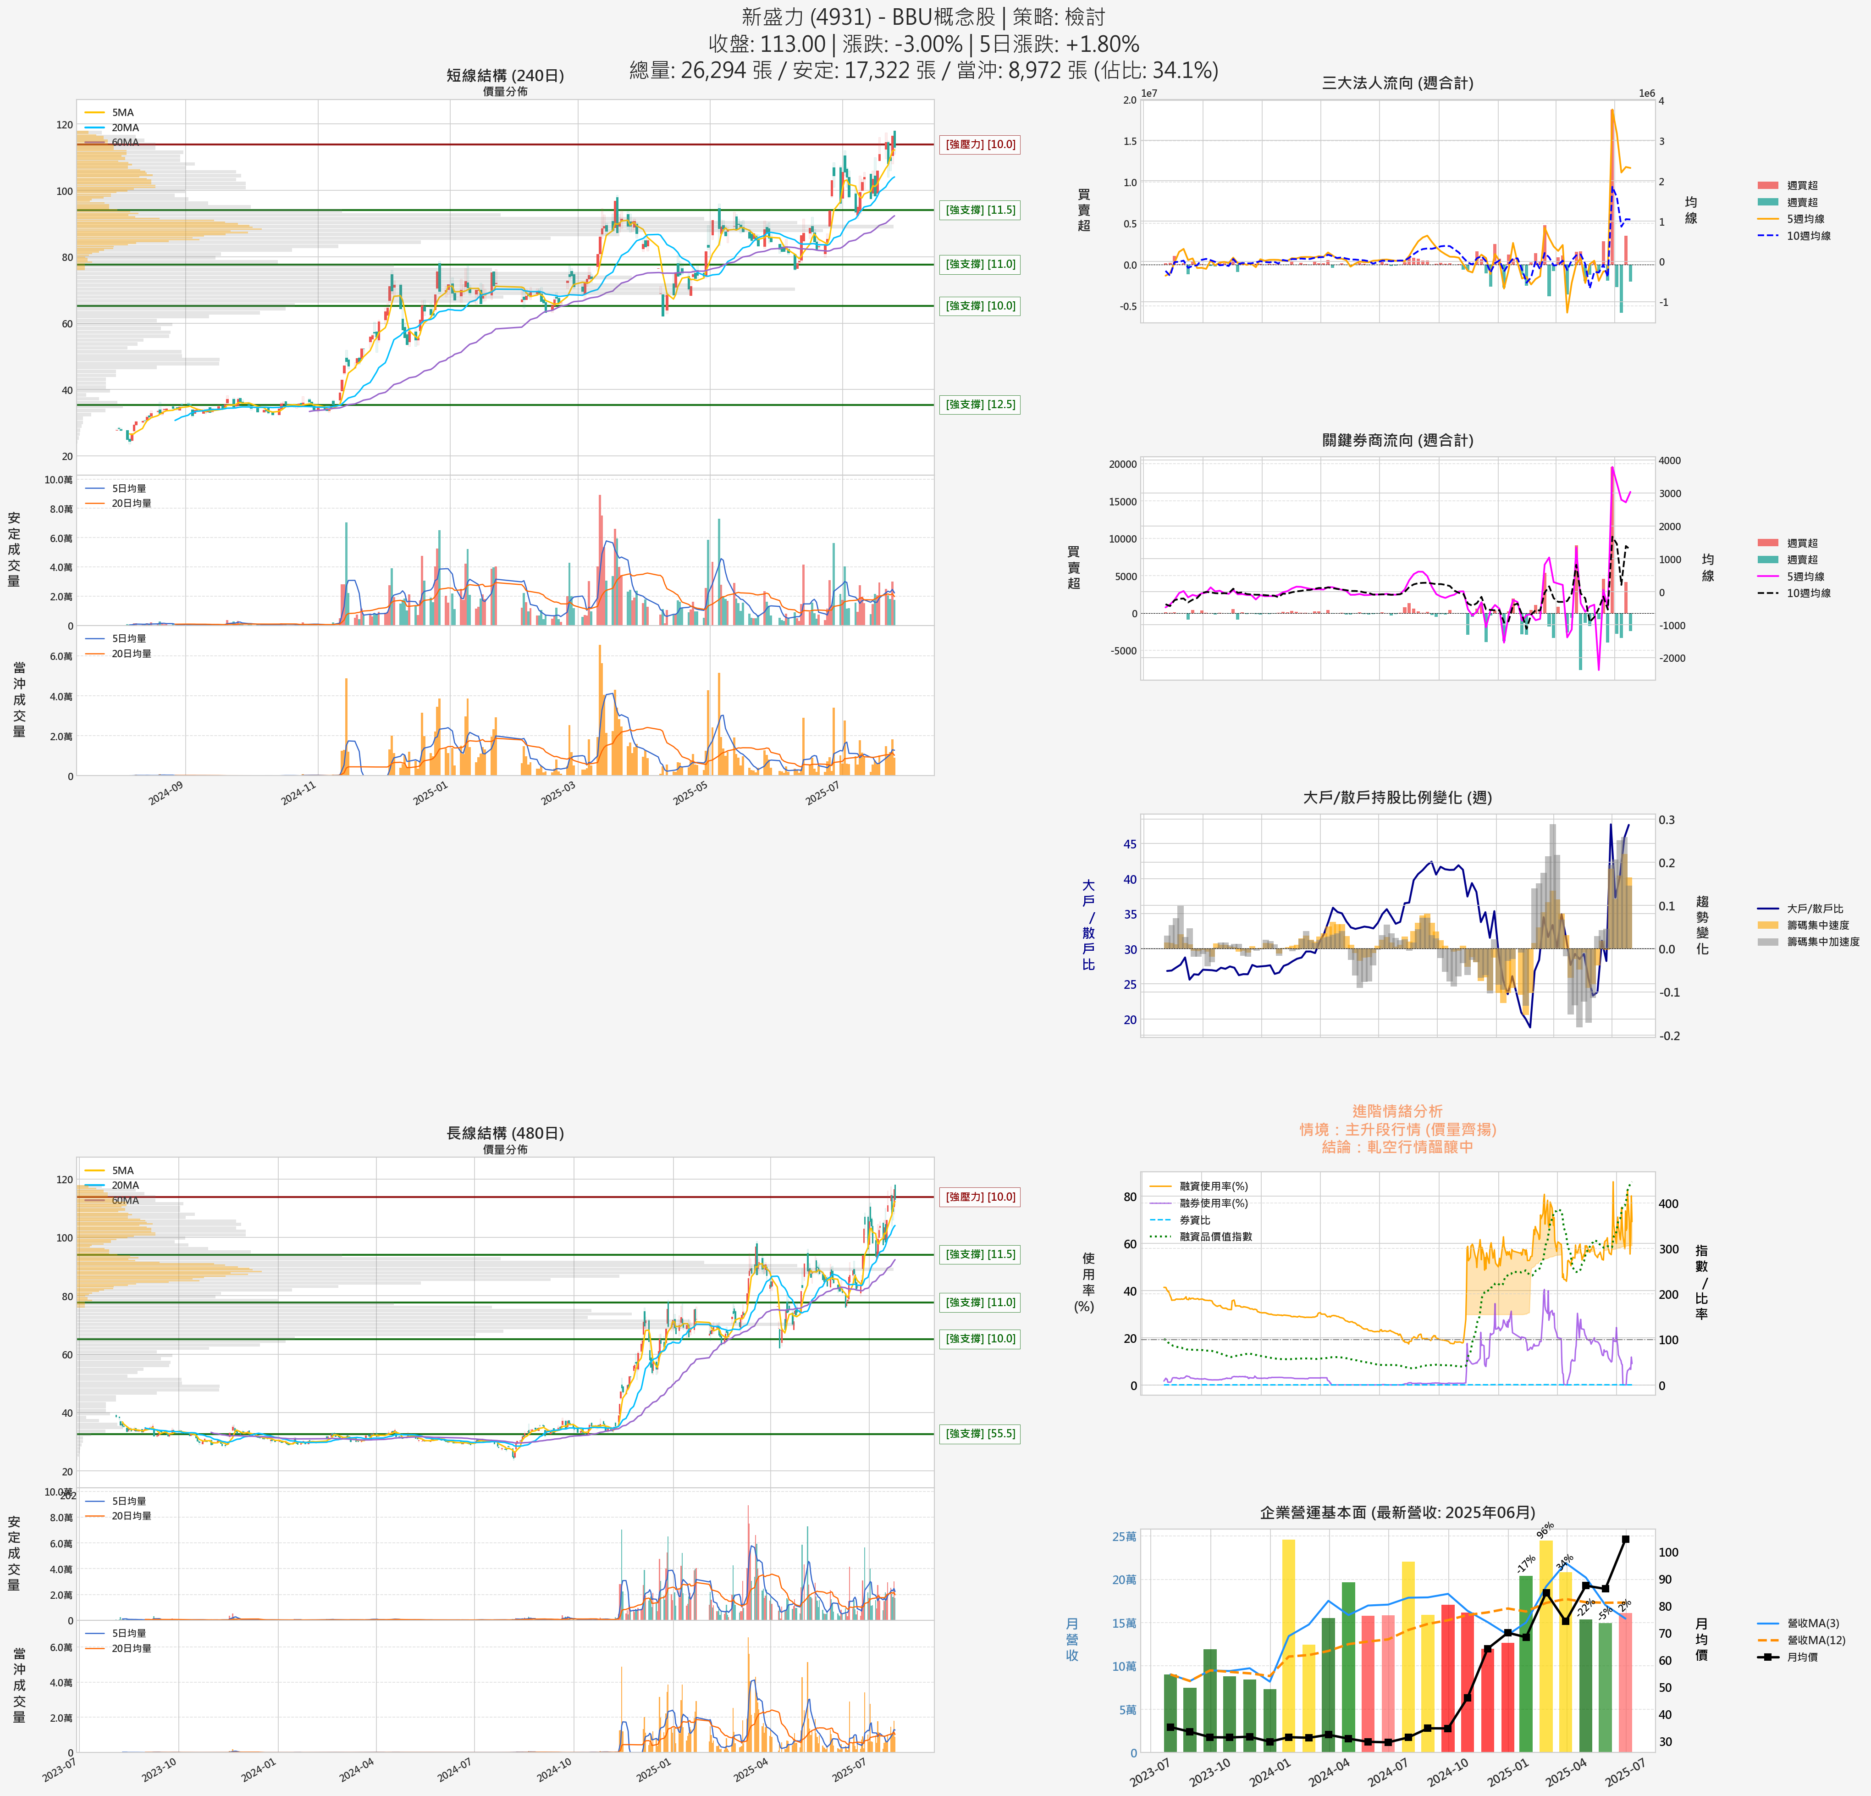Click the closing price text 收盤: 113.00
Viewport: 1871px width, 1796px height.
tap(767, 44)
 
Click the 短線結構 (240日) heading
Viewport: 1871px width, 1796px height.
tap(505, 75)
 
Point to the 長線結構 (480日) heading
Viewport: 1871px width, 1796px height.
tap(505, 1133)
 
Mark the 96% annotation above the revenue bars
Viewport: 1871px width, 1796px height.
tap(1545, 1530)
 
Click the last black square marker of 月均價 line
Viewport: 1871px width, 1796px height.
tap(1626, 1539)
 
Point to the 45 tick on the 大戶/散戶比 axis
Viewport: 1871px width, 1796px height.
tap(1129, 844)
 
